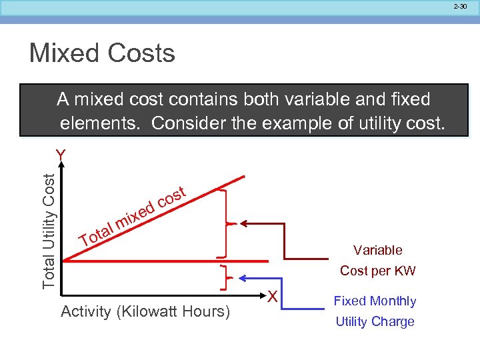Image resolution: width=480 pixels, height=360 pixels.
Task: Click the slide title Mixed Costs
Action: coord(102,53)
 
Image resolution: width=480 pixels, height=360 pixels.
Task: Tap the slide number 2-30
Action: coord(461,6)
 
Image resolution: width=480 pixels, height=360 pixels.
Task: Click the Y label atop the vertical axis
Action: coord(61,155)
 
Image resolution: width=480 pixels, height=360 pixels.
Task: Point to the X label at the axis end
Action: coord(272,295)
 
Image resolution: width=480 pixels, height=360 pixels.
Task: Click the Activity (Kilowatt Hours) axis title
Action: coord(145,311)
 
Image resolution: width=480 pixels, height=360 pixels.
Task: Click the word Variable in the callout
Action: coord(378,250)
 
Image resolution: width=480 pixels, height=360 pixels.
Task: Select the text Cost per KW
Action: coord(377,271)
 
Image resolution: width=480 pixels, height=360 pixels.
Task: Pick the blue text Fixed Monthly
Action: coord(375,301)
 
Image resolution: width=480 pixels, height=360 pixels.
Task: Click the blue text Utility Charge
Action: coord(375,321)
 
